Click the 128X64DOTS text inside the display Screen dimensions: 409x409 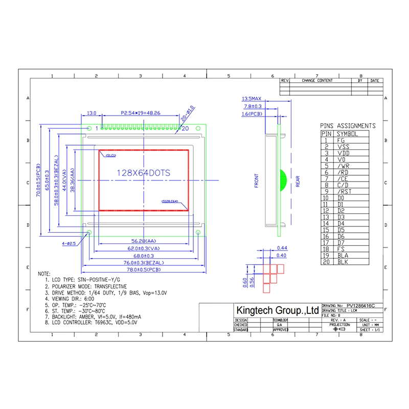pyautogui.click(x=144, y=173)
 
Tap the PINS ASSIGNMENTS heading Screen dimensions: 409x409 pyautogui.click(x=348, y=126)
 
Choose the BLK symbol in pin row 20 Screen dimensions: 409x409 pyautogui.click(x=343, y=262)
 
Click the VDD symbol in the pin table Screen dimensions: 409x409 pyautogui.click(x=343, y=153)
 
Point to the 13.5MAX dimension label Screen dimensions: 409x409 pyautogui.click(x=252, y=98)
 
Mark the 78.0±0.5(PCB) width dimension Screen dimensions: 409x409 pyautogui.click(x=144, y=269)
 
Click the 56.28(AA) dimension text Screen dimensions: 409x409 pyautogui.click(x=144, y=241)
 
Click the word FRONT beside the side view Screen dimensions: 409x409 pyautogui.click(x=257, y=181)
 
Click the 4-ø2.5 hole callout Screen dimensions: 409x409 pyautogui.click(x=69, y=244)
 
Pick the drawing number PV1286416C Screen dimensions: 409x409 pyautogui.click(x=360, y=305)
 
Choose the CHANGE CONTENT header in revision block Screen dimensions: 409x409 pyautogui.click(x=317, y=81)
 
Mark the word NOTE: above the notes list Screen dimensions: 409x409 pyautogui.click(x=44, y=275)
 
